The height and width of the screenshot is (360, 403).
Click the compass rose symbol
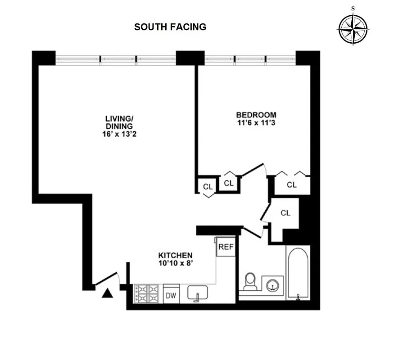(x=353, y=29)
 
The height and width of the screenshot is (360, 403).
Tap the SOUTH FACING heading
(x=170, y=27)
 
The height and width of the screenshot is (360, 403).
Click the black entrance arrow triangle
(x=107, y=293)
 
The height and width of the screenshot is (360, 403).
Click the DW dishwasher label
(x=171, y=295)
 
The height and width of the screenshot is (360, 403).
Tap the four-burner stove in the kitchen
(x=146, y=294)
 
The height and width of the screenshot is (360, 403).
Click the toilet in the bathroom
(x=249, y=281)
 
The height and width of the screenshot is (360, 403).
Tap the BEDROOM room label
(x=256, y=115)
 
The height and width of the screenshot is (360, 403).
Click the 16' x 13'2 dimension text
(x=119, y=134)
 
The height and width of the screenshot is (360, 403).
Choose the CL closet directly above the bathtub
(x=285, y=213)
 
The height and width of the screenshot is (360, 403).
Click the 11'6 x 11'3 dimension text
(x=256, y=122)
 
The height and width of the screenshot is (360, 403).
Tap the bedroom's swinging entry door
(x=253, y=170)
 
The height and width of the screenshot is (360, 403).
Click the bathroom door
(x=253, y=232)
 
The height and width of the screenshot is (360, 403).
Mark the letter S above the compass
(x=353, y=8)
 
